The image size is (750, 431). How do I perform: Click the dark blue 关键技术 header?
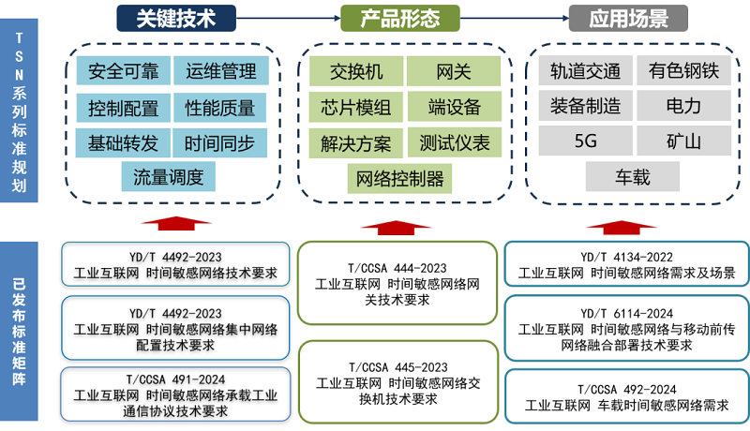pos(176,18)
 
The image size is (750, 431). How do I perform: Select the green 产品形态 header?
pos(400,18)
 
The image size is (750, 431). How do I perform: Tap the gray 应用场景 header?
pos(628,18)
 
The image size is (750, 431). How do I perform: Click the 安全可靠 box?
pos(124,70)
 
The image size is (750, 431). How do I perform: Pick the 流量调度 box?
pos(169,177)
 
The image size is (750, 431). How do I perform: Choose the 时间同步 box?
pos(219,142)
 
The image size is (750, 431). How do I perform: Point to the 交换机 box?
pos(356,71)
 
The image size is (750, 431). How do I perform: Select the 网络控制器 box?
pos(400,179)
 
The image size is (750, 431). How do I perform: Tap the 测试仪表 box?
pos(455,142)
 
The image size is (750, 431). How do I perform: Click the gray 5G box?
pos(585,141)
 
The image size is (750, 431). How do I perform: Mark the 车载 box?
pos(632,176)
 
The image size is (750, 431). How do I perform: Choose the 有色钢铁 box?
pos(684,70)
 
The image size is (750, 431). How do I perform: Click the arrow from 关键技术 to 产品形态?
pos(289,18)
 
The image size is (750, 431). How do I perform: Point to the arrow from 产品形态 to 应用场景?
pos(514,18)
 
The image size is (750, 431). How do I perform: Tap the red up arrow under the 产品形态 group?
pos(396,228)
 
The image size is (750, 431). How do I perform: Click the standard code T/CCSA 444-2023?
pos(397,268)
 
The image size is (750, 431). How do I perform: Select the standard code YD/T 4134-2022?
pos(626,257)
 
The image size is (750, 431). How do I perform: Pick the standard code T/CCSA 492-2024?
pos(626,390)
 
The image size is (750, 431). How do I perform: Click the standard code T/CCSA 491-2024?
pos(175,379)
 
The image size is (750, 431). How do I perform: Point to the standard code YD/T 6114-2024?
pos(626,314)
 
